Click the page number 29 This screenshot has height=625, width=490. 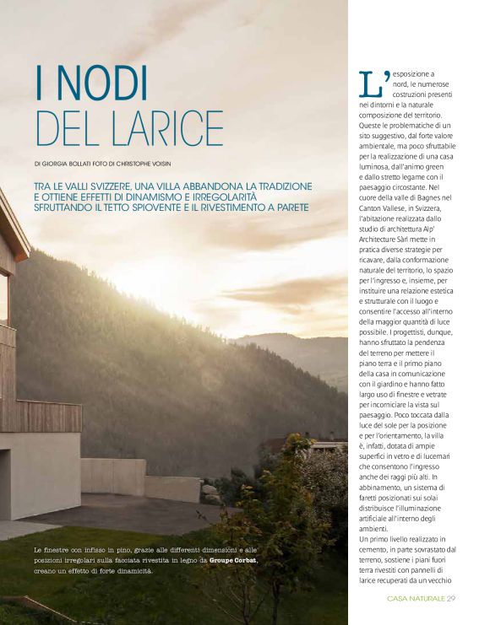coord(452,600)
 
